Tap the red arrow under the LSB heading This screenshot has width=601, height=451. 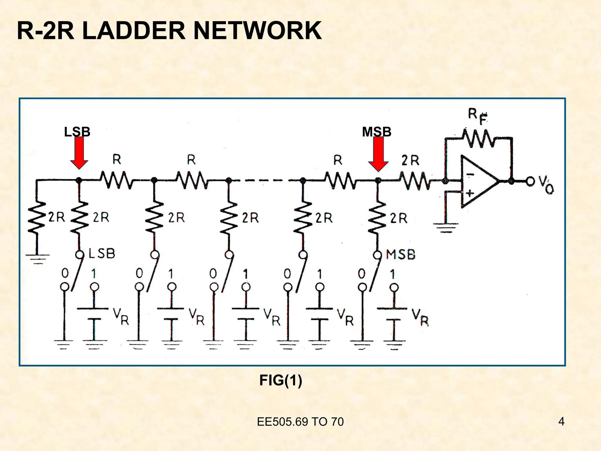coord(79,153)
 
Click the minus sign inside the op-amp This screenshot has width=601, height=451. coord(470,175)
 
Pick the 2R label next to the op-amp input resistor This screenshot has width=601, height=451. coord(410,161)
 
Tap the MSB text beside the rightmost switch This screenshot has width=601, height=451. coord(401,254)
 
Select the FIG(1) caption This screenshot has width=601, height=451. coord(281,381)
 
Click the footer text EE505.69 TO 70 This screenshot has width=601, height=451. coord(300,422)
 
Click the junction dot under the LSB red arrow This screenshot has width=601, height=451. coord(79,181)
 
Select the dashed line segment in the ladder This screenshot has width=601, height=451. coord(266,181)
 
